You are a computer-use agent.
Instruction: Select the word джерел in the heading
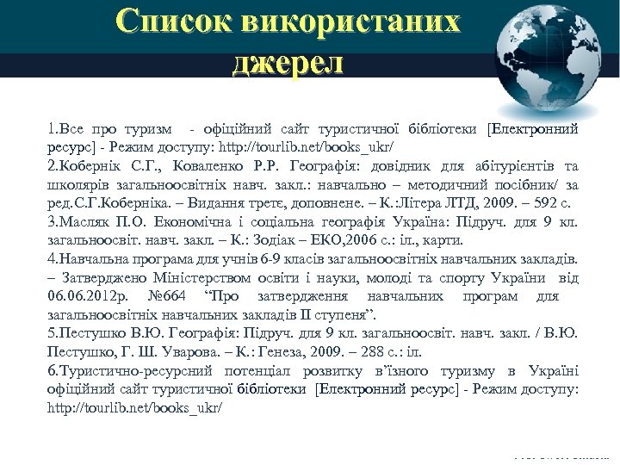tap(288, 63)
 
